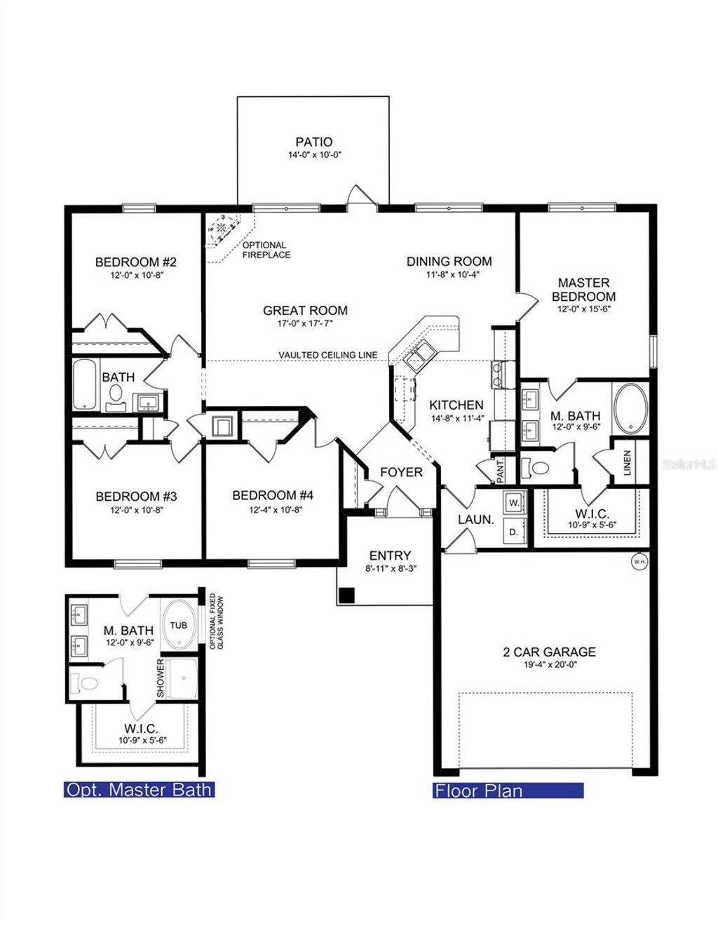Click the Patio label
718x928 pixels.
click(x=313, y=142)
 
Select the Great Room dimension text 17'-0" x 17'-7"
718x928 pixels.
click(x=305, y=323)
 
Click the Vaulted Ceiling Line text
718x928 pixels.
click(x=327, y=355)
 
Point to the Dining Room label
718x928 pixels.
click(x=449, y=262)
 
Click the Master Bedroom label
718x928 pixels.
click(x=583, y=289)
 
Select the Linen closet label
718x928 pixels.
click(x=627, y=463)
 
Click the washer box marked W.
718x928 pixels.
click(x=513, y=503)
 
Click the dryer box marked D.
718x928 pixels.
click(x=513, y=532)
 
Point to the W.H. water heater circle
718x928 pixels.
click(x=639, y=561)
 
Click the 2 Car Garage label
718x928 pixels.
click(x=549, y=652)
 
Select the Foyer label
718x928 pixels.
click(x=401, y=472)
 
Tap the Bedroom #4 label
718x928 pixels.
click(x=273, y=496)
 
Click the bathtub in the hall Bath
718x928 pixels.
click(x=85, y=384)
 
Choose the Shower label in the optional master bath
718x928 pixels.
click(x=160, y=678)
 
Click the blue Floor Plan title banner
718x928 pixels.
click(x=508, y=791)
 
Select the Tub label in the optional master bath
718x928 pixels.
click(x=179, y=625)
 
